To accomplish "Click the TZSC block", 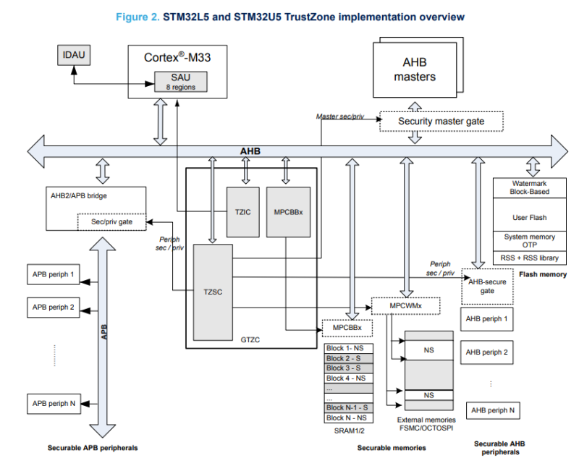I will point(214,292).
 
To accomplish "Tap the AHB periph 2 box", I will point(486,352).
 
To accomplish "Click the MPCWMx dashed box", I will point(405,305).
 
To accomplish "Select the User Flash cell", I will point(528,217).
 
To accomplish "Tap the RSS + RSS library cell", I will point(528,258).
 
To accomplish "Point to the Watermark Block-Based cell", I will point(528,187).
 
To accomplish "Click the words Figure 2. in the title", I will point(138,17).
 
